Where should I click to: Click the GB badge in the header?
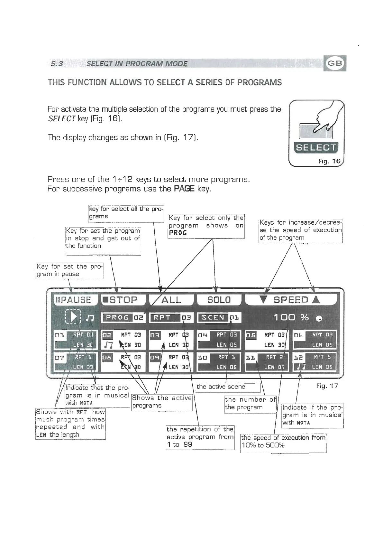click(335, 63)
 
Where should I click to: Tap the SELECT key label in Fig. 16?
click(315, 148)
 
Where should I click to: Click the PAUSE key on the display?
click(73, 300)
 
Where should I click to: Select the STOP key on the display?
click(123, 300)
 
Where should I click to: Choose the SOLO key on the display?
click(219, 300)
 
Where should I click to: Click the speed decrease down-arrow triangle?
click(264, 300)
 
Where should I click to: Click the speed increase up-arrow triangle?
click(316, 300)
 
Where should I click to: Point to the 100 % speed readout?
click(291, 318)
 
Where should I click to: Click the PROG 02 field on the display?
click(123, 318)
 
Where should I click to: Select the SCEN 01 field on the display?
click(219, 318)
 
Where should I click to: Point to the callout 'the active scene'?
click(228, 387)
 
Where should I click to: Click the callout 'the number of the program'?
click(250, 404)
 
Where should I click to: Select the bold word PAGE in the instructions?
click(184, 189)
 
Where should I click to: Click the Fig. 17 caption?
click(327, 386)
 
